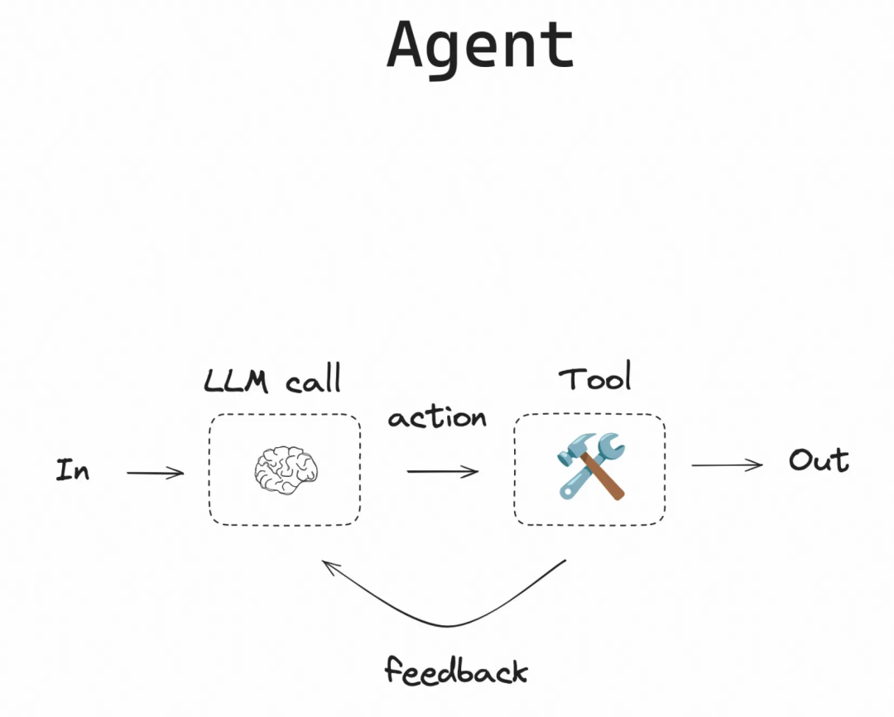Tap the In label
[73, 471]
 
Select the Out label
[819, 460]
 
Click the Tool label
[595, 379]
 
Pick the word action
[437, 417]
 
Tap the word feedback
[455, 669]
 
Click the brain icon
[286, 470]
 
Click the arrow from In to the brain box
[155, 474]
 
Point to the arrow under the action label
[442, 472]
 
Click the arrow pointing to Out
[727, 465]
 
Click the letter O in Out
[800, 460]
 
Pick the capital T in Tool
[571, 379]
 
